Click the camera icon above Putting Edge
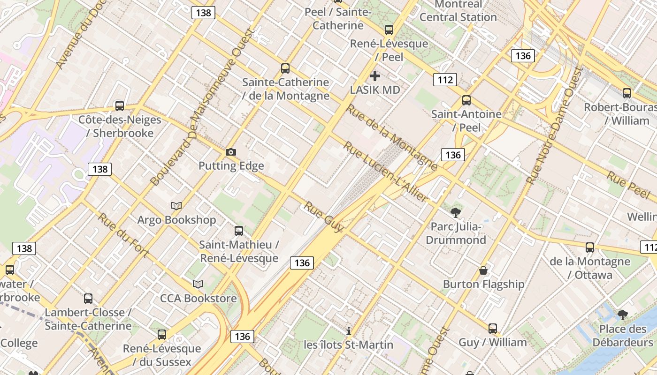tap(230, 152)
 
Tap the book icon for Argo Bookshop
tap(176, 206)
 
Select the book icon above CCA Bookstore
tap(198, 284)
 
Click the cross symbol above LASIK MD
tap(374, 75)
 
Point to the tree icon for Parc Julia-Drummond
tap(455, 213)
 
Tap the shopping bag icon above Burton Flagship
tap(483, 270)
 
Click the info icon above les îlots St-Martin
tap(348, 331)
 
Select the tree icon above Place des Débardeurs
tap(622, 315)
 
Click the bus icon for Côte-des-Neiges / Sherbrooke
tap(120, 106)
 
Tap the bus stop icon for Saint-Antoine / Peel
tap(466, 100)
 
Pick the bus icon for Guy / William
tap(492, 329)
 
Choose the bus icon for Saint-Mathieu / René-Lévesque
tap(239, 231)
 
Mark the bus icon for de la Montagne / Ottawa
tap(590, 247)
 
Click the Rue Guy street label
tap(324, 217)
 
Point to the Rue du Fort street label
tap(122, 235)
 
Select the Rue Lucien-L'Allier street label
tap(385, 172)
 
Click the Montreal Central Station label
tap(458, 11)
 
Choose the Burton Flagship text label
tap(483, 285)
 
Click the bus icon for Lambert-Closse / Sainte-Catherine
tap(88, 299)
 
